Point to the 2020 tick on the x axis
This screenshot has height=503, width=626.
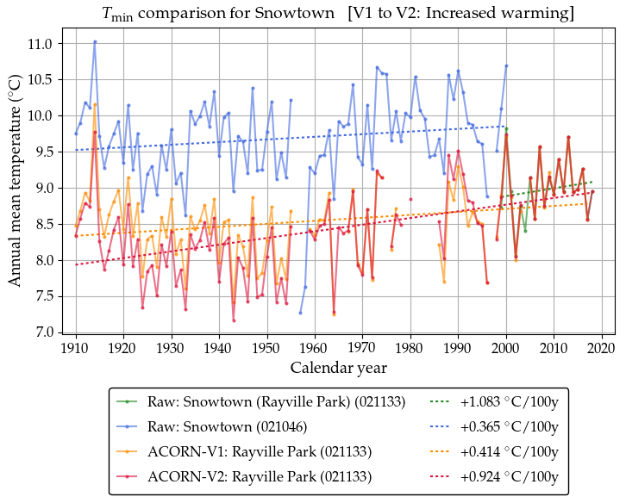(601, 348)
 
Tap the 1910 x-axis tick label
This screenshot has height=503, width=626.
(76, 348)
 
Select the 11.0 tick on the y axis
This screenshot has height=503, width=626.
(41, 44)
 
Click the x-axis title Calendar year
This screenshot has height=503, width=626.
(338, 368)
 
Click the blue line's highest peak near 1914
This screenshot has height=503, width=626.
(95, 41)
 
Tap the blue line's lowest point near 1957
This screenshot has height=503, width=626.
(300, 313)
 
